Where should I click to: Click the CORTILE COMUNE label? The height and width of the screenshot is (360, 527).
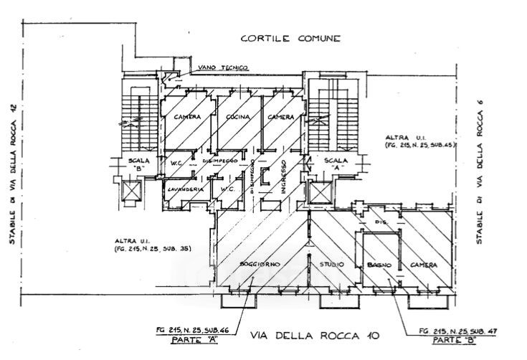coord(290,39)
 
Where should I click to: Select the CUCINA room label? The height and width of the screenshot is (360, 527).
coord(237,117)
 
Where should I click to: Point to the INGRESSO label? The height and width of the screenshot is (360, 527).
coord(284,176)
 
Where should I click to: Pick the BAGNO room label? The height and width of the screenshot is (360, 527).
coord(379,265)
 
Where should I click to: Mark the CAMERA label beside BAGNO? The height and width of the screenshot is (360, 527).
coord(424,265)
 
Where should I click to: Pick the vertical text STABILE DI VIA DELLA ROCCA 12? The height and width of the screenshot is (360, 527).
coord(11,173)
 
